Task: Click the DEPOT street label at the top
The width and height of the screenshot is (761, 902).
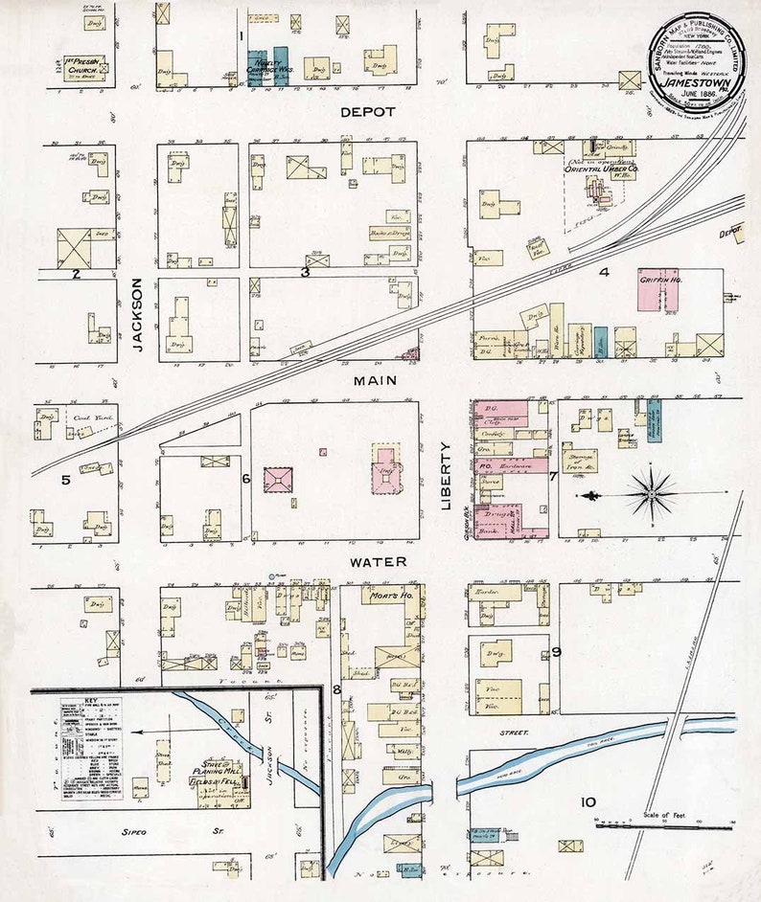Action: click(368, 112)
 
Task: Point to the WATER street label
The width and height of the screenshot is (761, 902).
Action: click(377, 561)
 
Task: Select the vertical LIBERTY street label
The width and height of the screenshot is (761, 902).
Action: click(447, 476)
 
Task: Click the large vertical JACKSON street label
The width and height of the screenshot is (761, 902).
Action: click(137, 315)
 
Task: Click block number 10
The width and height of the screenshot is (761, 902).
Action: click(588, 802)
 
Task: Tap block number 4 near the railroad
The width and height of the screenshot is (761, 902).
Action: click(604, 272)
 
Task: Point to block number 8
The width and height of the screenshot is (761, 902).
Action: click(336, 688)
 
